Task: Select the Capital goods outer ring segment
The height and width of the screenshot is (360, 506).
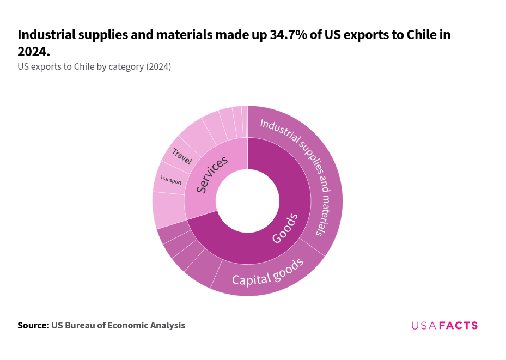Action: click(x=267, y=272)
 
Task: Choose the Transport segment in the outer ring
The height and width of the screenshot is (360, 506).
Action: click(x=170, y=179)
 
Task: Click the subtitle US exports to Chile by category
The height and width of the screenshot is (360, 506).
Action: click(x=94, y=66)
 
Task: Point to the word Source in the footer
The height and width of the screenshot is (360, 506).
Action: click(x=33, y=325)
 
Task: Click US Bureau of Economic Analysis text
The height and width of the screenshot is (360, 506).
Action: click(x=118, y=325)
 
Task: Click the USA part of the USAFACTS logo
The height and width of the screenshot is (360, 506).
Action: click(x=424, y=326)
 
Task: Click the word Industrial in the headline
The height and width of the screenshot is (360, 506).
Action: click(x=45, y=35)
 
